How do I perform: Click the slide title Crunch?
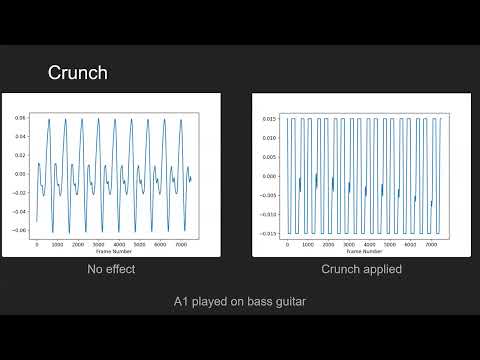pyautogui.click(x=78, y=73)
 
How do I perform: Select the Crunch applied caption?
pyautogui.click(x=362, y=270)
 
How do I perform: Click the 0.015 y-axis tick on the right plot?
pyautogui.click(x=267, y=118)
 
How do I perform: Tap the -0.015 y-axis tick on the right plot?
pyautogui.click(x=266, y=234)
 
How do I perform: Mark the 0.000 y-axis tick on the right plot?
pyautogui.click(x=267, y=176)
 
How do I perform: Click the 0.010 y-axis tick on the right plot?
pyautogui.click(x=267, y=137)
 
